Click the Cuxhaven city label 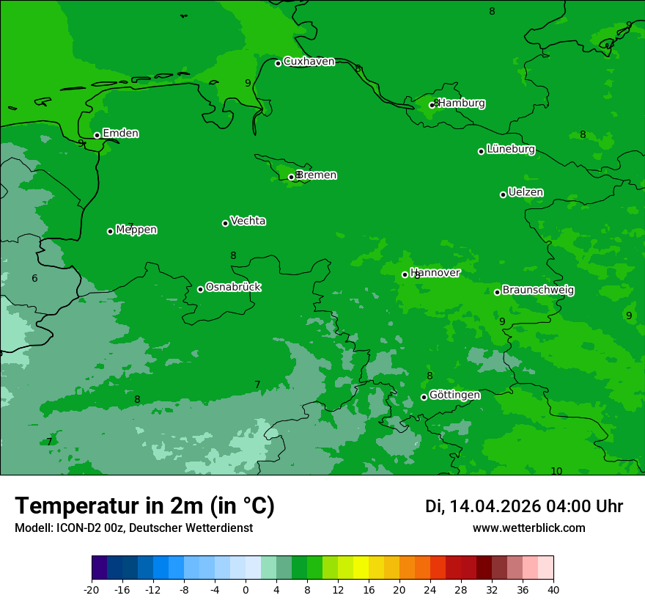click(x=309, y=62)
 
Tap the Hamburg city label click(x=461, y=103)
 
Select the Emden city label click(x=120, y=134)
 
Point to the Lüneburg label click(x=510, y=149)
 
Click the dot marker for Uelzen click(x=503, y=194)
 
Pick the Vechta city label click(x=248, y=221)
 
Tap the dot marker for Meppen click(x=110, y=231)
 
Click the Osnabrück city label click(x=233, y=287)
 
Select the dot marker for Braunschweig click(x=497, y=292)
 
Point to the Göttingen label click(x=454, y=395)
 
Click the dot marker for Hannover click(x=405, y=275)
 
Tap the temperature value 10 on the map click(x=556, y=471)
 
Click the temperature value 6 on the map click(x=34, y=279)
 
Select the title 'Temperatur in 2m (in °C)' click(x=144, y=506)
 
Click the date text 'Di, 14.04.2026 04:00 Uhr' click(x=524, y=506)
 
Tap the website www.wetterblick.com click(x=528, y=528)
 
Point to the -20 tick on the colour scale click(x=92, y=589)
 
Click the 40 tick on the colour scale click(x=553, y=589)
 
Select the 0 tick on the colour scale click(x=246, y=589)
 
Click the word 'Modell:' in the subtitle click(x=34, y=528)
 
